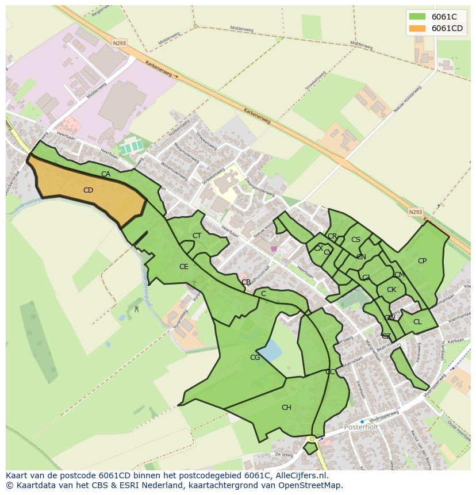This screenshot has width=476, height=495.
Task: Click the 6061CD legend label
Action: pyautogui.click(x=447, y=28)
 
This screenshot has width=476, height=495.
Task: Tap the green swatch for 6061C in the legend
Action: pyautogui.click(x=417, y=17)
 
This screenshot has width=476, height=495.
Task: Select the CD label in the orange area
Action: pyautogui.click(x=88, y=190)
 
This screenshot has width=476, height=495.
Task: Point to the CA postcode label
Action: pyautogui.click(x=106, y=174)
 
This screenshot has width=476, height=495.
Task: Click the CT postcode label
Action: pyautogui.click(x=197, y=236)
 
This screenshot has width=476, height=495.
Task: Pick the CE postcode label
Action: pyautogui.click(x=183, y=267)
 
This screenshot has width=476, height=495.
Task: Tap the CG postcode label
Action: pyautogui.click(x=255, y=358)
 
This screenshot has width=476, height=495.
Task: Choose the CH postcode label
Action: pyautogui.click(x=286, y=408)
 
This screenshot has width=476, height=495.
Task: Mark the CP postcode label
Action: pyautogui.click(x=422, y=261)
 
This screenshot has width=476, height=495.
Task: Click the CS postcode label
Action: pyautogui.click(x=356, y=240)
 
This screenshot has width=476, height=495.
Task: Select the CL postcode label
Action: pyautogui.click(x=417, y=322)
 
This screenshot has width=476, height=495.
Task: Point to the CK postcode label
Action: pyautogui.click(x=391, y=290)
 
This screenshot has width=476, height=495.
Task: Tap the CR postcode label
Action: pyautogui.click(x=332, y=236)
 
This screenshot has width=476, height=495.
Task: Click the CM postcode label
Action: pyautogui.click(x=400, y=275)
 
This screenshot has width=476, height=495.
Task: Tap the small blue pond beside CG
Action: pyautogui.click(x=269, y=350)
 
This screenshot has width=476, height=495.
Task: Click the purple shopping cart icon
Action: pyautogui.click(x=274, y=249)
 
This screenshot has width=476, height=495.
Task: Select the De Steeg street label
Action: pyautogui.click(x=284, y=454)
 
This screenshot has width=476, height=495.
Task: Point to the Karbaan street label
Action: pyautogui.click(x=455, y=340)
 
